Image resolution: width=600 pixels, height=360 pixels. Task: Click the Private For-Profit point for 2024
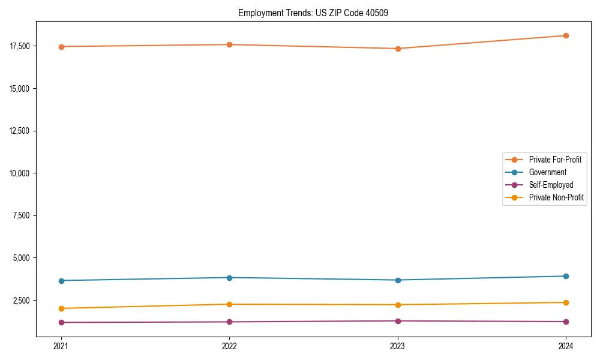[x=566, y=35]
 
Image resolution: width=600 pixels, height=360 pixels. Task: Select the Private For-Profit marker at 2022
[x=229, y=44]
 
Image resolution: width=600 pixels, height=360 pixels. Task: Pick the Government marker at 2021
[x=61, y=281]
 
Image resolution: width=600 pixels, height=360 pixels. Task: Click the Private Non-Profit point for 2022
[x=229, y=304]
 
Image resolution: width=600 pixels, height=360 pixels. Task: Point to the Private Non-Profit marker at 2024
[x=566, y=302]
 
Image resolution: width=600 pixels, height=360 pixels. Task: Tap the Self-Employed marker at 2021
[x=61, y=323]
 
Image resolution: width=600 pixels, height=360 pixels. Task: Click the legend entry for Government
[x=547, y=172]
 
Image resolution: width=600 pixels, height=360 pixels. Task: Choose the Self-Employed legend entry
[x=551, y=185]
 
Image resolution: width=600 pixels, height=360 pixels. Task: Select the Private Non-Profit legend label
[x=556, y=197]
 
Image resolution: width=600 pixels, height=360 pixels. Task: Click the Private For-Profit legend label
[x=555, y=160]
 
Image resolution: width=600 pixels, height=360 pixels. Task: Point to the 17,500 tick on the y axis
[x=20, y=46]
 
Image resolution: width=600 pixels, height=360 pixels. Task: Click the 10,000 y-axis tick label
[x=20, y=173]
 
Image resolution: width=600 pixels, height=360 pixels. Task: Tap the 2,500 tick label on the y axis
[x=22, y=301]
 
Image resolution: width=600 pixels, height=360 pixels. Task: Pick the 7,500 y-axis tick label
[x=22, y=216]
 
